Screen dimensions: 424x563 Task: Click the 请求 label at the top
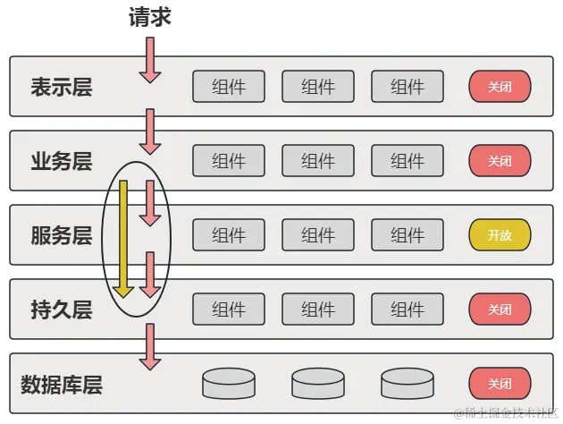pos(149,17)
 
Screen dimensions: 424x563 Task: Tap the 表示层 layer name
pos(62,87)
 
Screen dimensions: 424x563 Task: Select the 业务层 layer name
pos(62,161)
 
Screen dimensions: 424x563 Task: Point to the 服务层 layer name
pos(62,235)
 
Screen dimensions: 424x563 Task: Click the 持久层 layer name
pos(62,310)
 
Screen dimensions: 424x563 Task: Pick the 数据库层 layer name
pos(62,385)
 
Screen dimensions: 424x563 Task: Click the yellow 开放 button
pos(500,235)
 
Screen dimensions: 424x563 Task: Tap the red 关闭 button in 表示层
pos(500,87)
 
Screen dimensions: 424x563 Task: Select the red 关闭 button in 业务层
pos(500,161)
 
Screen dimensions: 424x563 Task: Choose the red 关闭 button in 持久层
pos(500,310)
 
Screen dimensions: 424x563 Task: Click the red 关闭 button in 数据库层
pos(500,384)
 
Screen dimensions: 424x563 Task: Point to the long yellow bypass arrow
pos(124,238)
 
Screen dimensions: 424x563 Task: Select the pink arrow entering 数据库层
pos(150,347)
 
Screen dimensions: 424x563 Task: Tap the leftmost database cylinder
pos(229,384)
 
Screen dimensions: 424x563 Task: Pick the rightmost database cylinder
pos(408,384)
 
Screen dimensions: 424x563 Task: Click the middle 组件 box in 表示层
pos(318,87)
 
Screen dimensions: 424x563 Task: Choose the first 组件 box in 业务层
pos(229,161)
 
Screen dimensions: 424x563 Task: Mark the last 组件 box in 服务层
pos(408,235)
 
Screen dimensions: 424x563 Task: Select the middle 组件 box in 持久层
pos(318,310)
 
